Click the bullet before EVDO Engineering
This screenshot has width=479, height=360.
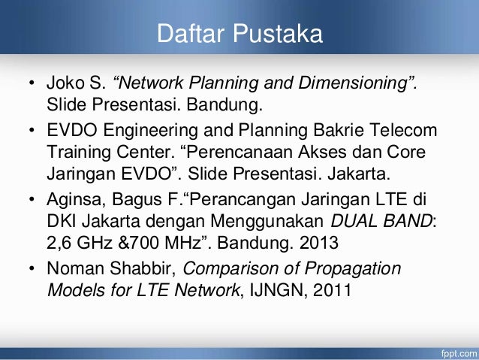pyautogui.click(x=32, y=132)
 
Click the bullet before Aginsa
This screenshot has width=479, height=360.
pyautogui.click(x=32, y=204)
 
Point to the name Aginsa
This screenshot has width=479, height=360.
pyautogui.click(x=73, y=204)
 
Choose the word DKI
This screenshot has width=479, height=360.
pyautogui.click(x=62, y=224)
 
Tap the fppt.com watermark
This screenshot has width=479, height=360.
pyautogui.click(x=455, y=352)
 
